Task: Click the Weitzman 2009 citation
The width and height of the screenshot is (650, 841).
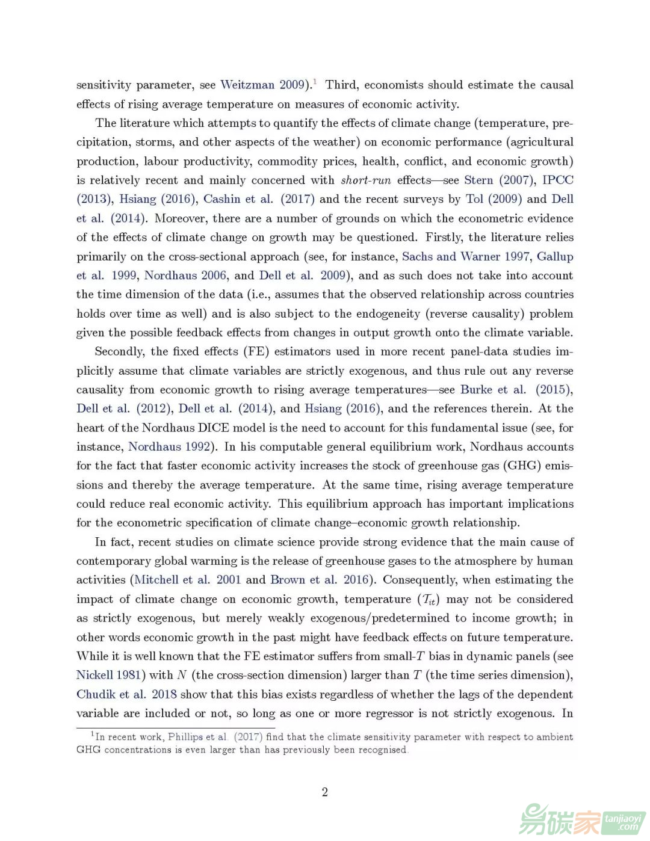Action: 264,85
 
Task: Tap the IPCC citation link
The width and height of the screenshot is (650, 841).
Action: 557,180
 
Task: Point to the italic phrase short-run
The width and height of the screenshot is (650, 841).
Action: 365,180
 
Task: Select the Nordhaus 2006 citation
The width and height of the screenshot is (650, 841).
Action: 185,276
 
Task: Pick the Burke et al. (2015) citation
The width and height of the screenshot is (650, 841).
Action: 516,389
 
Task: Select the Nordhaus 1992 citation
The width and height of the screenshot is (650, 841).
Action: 169,446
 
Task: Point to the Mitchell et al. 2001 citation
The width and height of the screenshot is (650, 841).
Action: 187,579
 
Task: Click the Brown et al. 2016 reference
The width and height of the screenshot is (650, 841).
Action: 319,579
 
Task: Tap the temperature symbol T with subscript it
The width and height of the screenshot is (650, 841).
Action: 429,599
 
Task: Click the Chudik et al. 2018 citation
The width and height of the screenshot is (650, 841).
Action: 126,694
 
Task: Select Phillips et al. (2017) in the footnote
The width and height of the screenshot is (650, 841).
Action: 215,737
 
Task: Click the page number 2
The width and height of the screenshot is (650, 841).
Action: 325,792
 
